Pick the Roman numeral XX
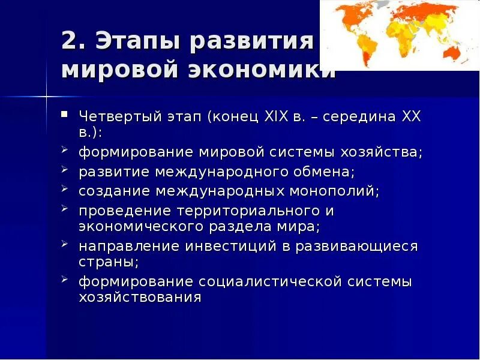[x=409, y=116]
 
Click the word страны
[x=107, y=262]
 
